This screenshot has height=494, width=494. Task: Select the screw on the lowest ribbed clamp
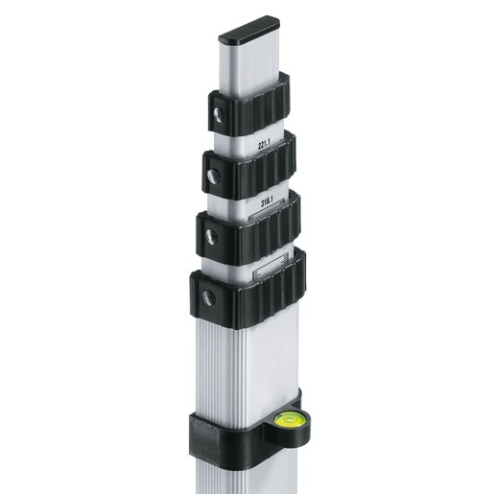pos(207,297)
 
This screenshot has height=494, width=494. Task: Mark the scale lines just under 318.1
pos(267,217)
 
